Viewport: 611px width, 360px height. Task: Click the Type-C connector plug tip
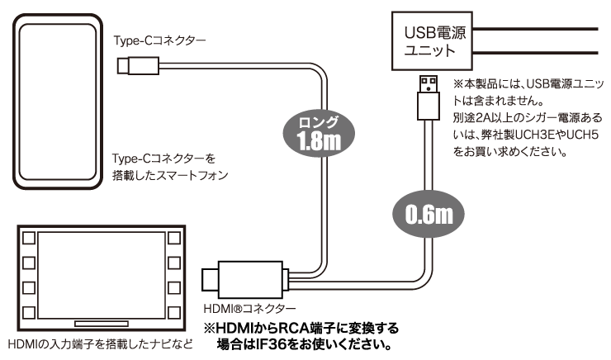click(123, 64)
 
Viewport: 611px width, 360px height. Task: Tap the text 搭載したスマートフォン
click(169, 175)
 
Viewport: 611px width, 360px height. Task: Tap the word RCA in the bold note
click(294, 326)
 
